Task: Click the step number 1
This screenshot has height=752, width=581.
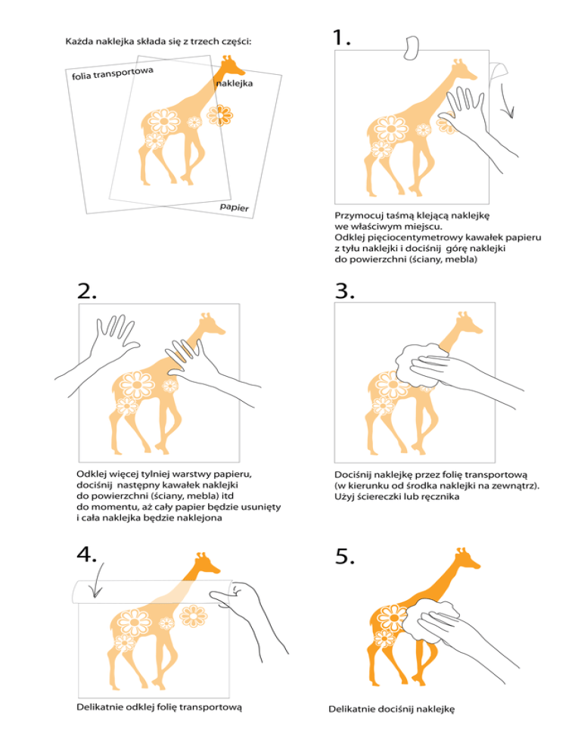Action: click(x=342, y=37)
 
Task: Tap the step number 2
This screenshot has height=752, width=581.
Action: click(x=87, y=291)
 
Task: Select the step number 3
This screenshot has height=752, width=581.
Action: click(x=344, y=291)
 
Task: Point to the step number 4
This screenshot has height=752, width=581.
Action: click(x=86, y=554)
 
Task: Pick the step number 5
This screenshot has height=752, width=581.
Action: click(x=344, y=556)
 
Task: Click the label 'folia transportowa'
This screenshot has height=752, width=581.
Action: click(x=113, y=73)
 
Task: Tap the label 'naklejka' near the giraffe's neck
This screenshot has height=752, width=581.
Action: click(x=234, y=83)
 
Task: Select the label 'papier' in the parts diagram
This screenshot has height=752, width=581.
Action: click(x=235, y=207)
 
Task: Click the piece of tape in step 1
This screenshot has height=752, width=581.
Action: click(x=412, y=48)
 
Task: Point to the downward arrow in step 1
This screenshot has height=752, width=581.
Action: click(x=507, y=100)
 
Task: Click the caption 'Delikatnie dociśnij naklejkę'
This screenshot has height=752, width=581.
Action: click(x=391, y=709)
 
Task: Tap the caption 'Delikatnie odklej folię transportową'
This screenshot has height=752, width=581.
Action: click(x=160, y=707)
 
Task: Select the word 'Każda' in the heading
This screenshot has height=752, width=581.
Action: click(x=79, y=42)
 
